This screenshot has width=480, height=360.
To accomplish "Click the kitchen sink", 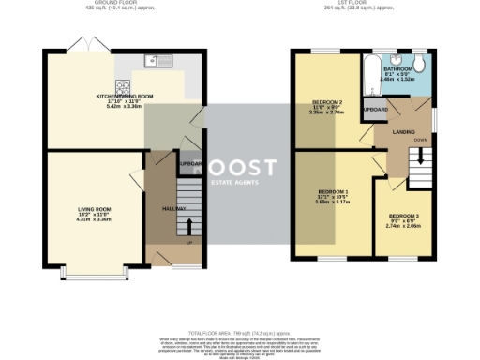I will tap(152, 61).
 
